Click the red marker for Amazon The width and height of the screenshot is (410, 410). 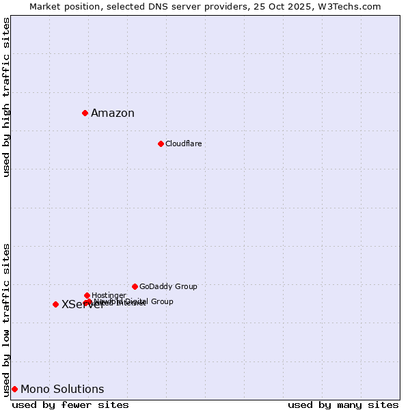(x=85, y=113)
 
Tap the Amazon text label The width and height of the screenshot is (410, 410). (x=113, y=113)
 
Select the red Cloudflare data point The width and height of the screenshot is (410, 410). (x=161, y=143)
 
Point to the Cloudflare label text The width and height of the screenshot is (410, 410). (x=183, y=143)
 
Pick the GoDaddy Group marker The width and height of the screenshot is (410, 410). (x=135, y=286)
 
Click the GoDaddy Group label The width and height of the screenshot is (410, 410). (x=168, y=286)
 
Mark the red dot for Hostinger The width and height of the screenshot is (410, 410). (x=87, y=295)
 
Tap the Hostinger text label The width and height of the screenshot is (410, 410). (x=109, y=295)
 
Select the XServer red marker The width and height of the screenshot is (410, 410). (x=55, y=304)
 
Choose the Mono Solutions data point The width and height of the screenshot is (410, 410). (x=14, y=389)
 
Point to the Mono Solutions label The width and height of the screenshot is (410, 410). (x=62, y=389)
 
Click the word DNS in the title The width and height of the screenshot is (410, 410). (x=154, y=6)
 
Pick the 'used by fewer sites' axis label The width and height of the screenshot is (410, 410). (x=70, y=405)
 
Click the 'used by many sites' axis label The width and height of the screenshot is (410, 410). (x=343, y=405)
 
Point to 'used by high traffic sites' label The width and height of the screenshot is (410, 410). (x=6, y=98)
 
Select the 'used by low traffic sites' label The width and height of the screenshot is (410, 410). (x=6, y=319)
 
